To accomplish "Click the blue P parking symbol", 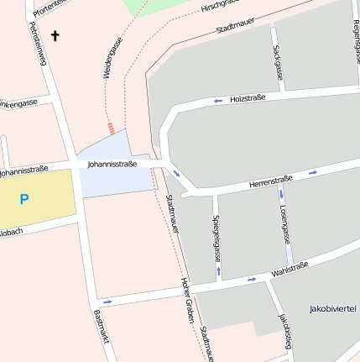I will [x=24, y=199].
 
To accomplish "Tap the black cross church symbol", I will [x=56, y=35].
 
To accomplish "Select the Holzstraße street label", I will [x=248, y=98].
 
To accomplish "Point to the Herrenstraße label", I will [x=270, y=181].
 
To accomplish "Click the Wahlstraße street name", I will [x=290, y=270].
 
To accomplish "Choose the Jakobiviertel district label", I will [x=334, y=308].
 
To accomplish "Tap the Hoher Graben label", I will [x=188, y=302].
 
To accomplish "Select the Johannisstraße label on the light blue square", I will [x=112, y=165].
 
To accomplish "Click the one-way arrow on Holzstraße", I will [x=218, y=101].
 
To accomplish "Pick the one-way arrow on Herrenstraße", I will [x=313, y=172].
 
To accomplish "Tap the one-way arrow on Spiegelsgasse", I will [x=218, y=271].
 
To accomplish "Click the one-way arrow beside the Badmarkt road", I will [x=107, y=302].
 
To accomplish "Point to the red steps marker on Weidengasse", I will [x=111, y=129].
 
